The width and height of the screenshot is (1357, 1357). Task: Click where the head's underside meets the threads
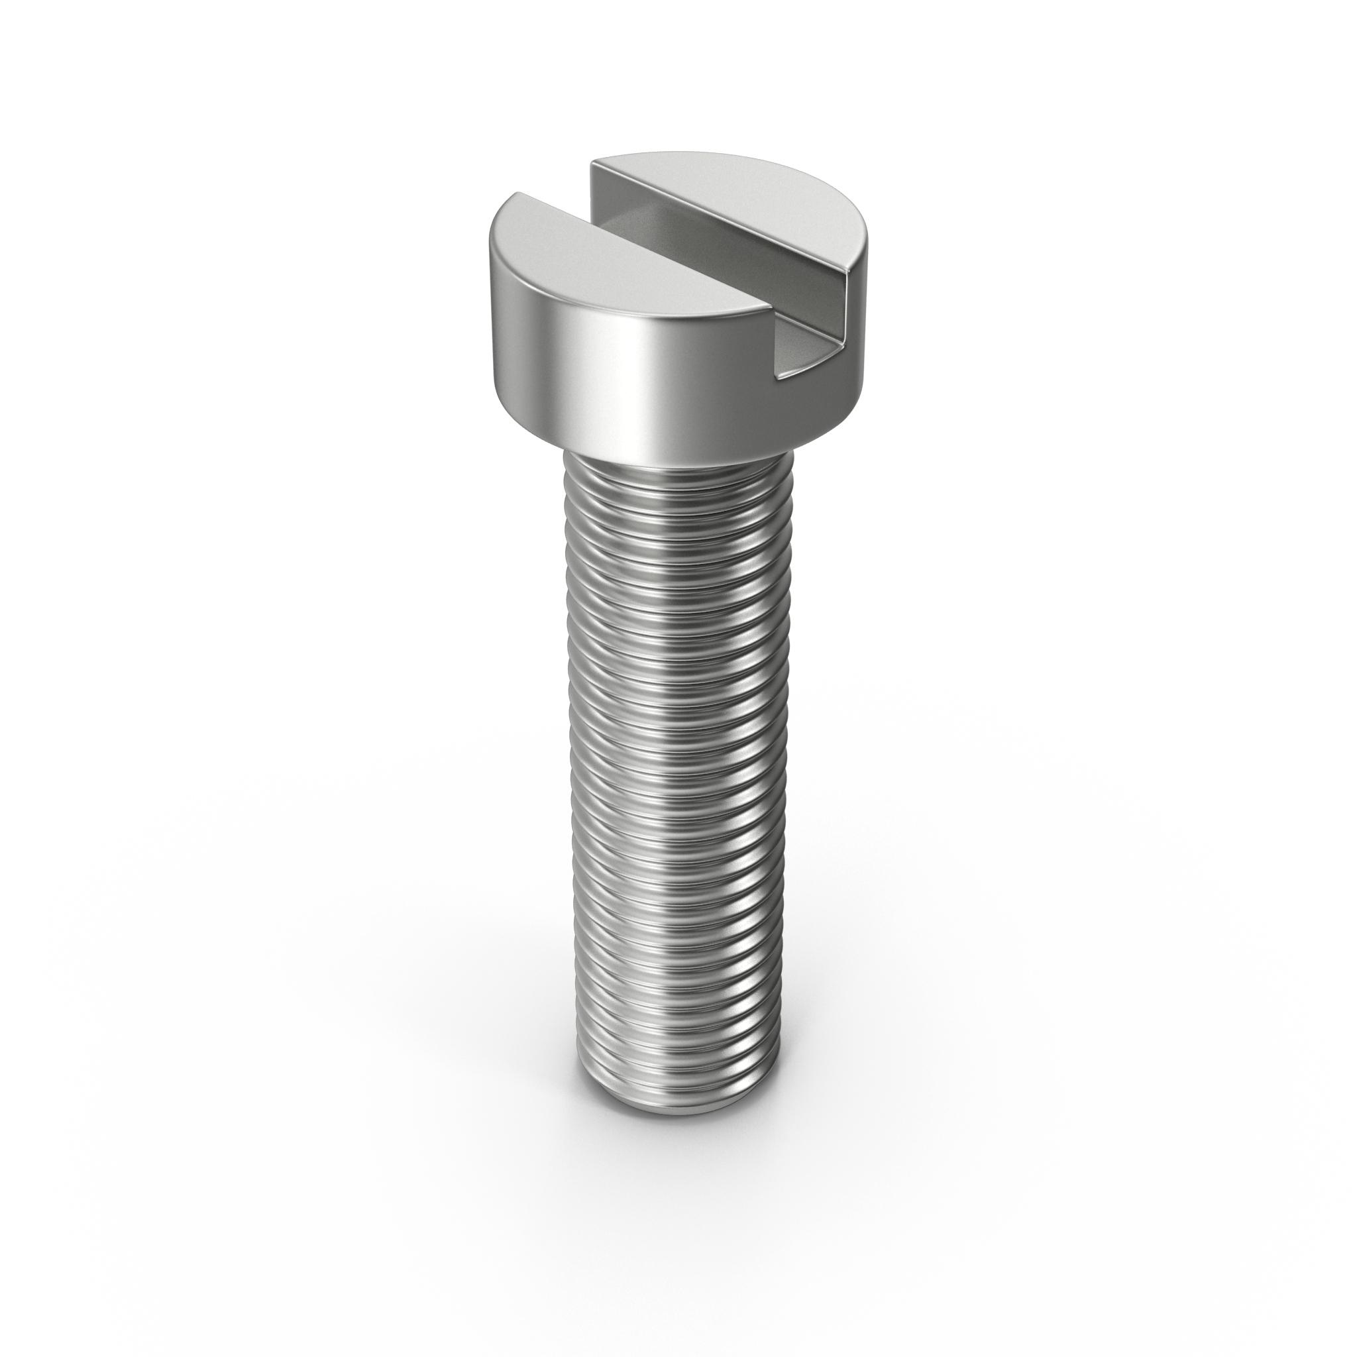click(x=678, y=460)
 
